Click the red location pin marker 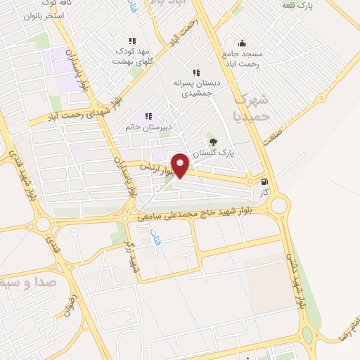point(181,165)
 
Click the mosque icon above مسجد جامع point(242,43)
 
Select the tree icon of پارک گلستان point(214,142)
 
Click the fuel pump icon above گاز point(264,179)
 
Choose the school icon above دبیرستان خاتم point(148,116)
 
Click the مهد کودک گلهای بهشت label point(131,56)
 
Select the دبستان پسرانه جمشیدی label point(196,88)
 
